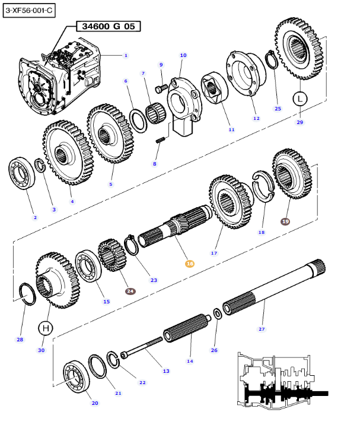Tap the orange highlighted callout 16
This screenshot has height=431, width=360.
click(x=190, y=263)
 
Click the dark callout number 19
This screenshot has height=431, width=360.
click(x=285, y=221)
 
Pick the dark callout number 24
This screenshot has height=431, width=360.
click(x=130, y=291)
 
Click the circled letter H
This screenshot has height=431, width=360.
click(x=46, y=327)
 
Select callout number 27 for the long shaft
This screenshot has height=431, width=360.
click(x=262, y=328)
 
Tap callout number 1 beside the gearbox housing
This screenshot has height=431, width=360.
click(x=125, y=56)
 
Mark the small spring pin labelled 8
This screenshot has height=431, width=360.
click(x=159, y=141)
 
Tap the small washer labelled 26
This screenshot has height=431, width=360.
click(x=218, y=313)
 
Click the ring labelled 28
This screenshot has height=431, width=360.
click(x=26, y=293)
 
